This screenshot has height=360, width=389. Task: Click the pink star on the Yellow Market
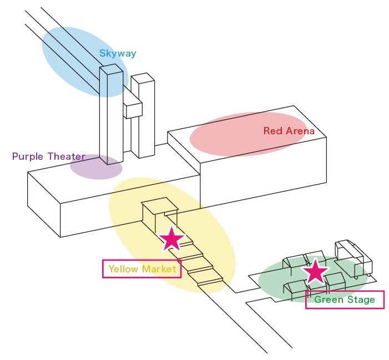tap(171, 239)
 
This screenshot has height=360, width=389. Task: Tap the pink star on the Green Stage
tap(315, 271)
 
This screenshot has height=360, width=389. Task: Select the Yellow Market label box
tap(142, 269)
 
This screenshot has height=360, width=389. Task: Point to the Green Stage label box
tap(345, 300)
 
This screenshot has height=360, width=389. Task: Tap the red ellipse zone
tap(247, 134)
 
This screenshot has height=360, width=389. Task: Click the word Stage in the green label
tap(361, 300)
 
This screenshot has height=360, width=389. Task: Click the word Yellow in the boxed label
tap(123, 269)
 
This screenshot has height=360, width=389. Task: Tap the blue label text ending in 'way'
tap(127, 54)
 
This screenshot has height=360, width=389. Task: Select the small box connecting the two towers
tap(133, 109)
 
